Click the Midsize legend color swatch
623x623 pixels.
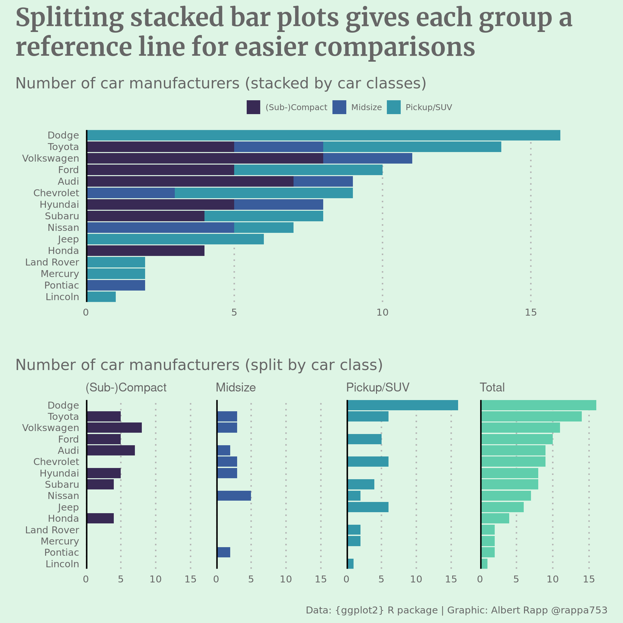(339, 107)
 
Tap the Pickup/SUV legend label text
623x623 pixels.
(428, 108)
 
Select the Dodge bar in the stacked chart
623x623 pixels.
(323, 135)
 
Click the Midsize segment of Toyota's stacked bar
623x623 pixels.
(278, 147)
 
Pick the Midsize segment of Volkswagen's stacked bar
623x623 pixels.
(367, 158)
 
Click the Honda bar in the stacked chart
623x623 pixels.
(145, 251)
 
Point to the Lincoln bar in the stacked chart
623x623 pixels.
(101, 297)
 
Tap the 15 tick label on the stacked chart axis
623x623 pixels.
(531, 312)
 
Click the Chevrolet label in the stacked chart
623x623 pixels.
(56, 193)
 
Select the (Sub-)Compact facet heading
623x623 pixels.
(126, 388)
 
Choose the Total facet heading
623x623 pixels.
(492, 388)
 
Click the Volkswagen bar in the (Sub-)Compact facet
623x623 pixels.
(114, 428)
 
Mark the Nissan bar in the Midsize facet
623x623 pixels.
(234, 496)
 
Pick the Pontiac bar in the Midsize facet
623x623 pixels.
(224, 552)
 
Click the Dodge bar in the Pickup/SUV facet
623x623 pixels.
(403, 405)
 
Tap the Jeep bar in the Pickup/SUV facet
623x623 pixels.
(368, 507)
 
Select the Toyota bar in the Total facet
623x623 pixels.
(531, 417)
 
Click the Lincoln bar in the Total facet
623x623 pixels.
(484, 564)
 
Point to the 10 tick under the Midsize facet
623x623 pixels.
(286, 579)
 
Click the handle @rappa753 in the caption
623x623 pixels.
(579, 610)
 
